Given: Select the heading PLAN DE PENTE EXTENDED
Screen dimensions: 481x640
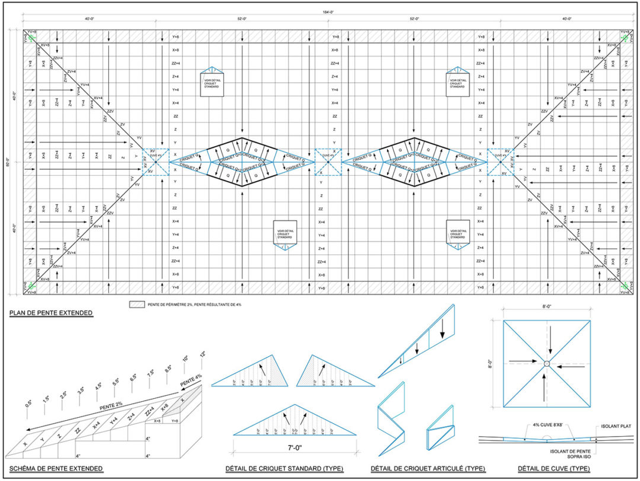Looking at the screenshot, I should (51, 312).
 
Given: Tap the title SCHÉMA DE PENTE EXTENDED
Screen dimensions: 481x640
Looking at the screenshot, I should (56, 469).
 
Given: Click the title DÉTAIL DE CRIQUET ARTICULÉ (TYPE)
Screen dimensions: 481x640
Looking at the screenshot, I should (428, 469).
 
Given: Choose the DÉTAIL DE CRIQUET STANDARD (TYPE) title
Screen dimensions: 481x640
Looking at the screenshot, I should (284, 469).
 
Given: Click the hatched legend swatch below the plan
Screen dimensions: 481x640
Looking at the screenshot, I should (137, 304).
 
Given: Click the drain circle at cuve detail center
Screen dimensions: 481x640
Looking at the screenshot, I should (546, 363).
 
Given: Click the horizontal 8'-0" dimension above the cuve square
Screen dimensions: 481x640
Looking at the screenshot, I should (546, 307).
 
